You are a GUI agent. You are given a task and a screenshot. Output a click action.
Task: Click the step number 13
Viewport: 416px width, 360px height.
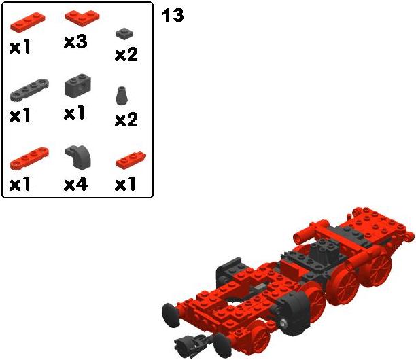[173, 15]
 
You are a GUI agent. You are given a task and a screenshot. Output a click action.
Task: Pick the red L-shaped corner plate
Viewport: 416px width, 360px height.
[82, 18]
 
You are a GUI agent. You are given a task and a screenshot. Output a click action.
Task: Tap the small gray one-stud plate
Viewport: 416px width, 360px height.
[124, 34]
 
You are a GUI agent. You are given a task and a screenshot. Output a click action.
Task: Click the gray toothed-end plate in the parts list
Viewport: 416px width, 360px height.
[29, 90]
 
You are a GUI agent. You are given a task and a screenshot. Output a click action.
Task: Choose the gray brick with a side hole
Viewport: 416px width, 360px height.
[77, 86]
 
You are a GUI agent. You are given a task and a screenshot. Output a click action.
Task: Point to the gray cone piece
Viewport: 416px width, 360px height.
[122, 96]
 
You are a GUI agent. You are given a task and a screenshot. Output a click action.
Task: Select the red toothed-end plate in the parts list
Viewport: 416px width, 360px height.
[29, 158]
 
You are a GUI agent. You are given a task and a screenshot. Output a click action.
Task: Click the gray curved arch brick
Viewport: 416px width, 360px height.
[78, 157]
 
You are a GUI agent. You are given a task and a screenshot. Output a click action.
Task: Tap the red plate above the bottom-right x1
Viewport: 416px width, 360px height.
[131, 160]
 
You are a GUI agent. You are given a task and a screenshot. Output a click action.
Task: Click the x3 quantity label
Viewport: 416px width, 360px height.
[75, 42]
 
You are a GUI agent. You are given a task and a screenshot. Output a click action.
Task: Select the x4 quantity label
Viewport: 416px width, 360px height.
[75, 184]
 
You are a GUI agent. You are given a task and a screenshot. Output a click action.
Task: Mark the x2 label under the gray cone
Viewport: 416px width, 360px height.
[126, 120]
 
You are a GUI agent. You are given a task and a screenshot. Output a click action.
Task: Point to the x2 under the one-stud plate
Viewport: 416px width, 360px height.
[126, 54]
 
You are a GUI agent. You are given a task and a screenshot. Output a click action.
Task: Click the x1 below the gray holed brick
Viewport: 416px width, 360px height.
[74, 113]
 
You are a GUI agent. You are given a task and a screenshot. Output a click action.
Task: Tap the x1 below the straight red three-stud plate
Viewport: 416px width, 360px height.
[20, 47]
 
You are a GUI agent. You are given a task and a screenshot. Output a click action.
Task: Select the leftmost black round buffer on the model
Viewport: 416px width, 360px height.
[171, 315]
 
